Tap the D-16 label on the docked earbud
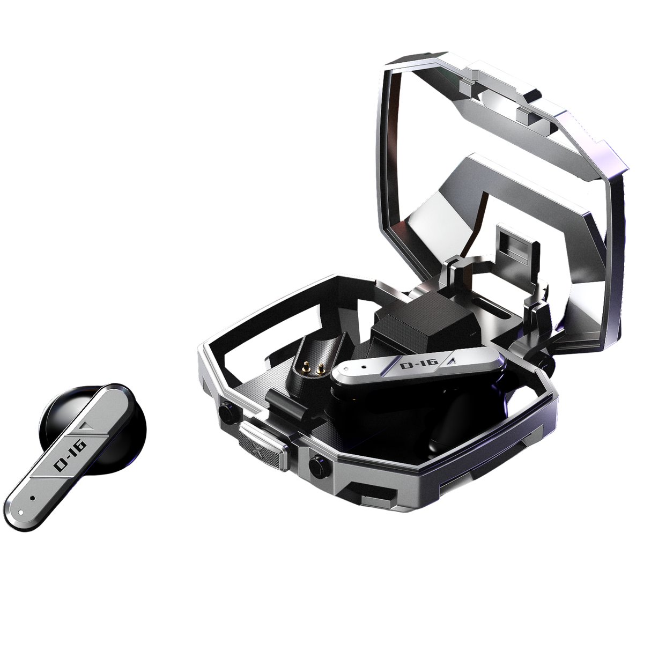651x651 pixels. [412, 367]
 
